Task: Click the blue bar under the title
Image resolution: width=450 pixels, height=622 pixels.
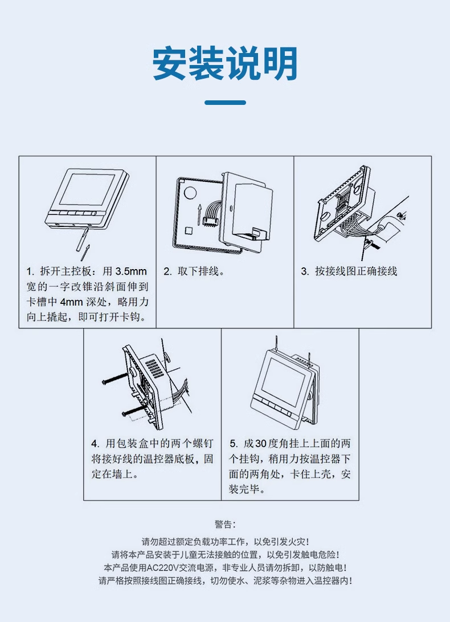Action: point(225,103)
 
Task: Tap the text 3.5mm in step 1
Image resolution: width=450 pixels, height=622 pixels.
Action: point(131,272)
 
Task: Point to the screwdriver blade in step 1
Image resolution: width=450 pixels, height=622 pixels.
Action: point(81,239)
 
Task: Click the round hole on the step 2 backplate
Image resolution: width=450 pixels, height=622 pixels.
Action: point(190,192)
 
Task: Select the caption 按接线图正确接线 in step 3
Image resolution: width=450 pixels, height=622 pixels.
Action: point(356,272)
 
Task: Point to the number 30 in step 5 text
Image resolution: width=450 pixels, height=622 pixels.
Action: point(261,444)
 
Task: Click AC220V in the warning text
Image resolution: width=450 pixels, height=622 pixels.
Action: point(162,568)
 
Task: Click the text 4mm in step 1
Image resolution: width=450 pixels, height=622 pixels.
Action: point(72,302)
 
